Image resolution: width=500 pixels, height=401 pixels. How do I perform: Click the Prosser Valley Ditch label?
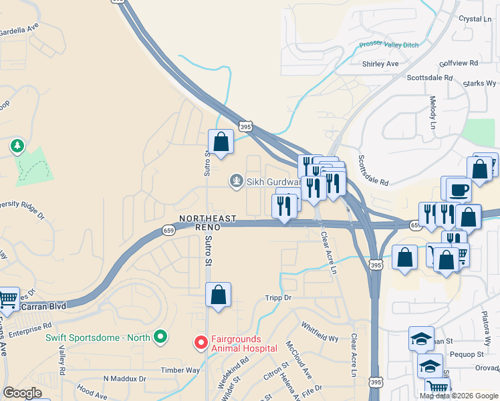tap(389, 45)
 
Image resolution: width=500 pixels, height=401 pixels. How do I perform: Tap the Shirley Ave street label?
tap(380, 64)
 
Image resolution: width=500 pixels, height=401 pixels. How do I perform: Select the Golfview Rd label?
tap(459, 63)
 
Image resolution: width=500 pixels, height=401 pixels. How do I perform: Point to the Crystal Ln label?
tap(475, 19)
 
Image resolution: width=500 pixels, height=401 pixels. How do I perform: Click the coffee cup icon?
tap(459, 190)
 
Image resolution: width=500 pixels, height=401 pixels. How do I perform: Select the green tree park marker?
tap(17, 145)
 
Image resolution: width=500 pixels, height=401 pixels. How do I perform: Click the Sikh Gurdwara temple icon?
tap(236, 180)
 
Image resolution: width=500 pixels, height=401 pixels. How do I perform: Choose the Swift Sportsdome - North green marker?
tap(160, 337)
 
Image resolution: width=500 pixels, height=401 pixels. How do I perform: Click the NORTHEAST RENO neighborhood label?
tap(207, 223)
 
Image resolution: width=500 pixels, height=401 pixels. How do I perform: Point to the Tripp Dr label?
tap(279, 297)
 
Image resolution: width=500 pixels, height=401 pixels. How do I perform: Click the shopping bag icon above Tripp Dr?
tap(219, 294)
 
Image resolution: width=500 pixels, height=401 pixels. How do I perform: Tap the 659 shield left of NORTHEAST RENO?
tap(168, 231)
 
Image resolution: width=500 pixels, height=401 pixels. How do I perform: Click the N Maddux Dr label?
tap(124, 379)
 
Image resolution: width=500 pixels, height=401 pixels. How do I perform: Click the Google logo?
tap(23, 393)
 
